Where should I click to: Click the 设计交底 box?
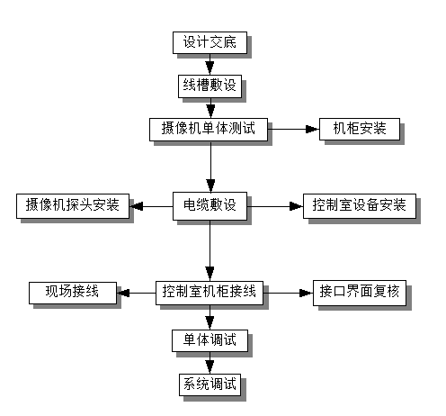tap(210, 42)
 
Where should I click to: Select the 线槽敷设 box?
tap(210, 86)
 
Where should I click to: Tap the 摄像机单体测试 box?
tap(210, 129)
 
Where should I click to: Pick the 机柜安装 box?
tap(359, 129)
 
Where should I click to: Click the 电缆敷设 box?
tap(210, 205)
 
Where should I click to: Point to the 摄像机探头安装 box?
tap(73, 205)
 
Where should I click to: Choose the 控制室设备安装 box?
tap(360, 205)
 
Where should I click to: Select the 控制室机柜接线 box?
tap(210, 292)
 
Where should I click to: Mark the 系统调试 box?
tap(210, 385)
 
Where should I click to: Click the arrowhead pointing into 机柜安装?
tap(313, 129)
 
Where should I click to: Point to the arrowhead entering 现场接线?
tap(123, 292)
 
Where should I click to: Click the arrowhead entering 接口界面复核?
tap(307, 292)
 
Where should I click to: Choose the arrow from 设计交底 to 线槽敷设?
tap(210, 64)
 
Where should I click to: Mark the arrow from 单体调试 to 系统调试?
tap(210, 364)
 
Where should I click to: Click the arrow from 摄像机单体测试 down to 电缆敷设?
tap(210, 167)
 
